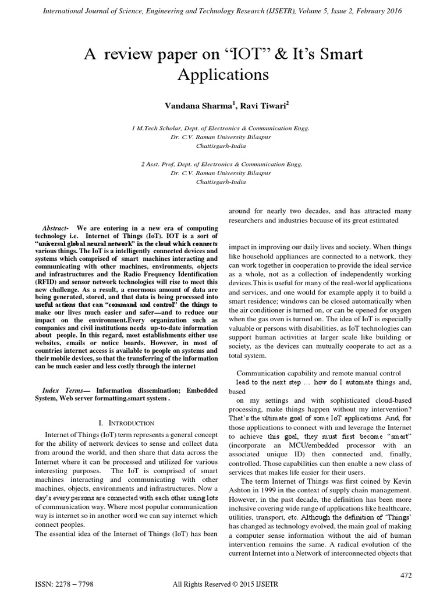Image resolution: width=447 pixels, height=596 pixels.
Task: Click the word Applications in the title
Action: (x=223, y=74)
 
